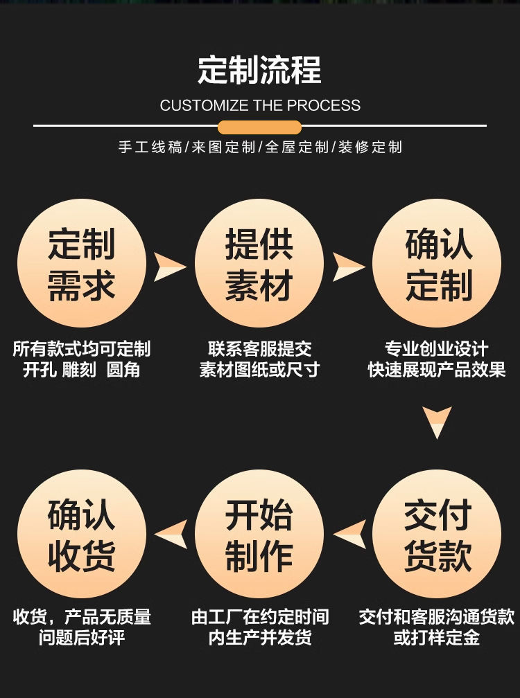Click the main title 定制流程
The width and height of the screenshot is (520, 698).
coord(259,71)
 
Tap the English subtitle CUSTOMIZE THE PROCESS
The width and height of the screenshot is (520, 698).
coord(260,106)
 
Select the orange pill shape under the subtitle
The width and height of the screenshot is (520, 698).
coord(259,127)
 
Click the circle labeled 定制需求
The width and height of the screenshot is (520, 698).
coord(82,264)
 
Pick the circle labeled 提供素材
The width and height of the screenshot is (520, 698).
coord(259,264)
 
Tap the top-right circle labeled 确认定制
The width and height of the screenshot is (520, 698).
coord(437,264)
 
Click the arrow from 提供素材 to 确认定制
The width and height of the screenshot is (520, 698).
coord(347,267)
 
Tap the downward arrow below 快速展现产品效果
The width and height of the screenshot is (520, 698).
coord(437,422)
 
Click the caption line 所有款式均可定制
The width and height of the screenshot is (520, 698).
coord(82,348)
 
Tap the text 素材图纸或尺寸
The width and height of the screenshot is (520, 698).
coord(259,370)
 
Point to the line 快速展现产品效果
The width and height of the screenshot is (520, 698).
coord(437,370)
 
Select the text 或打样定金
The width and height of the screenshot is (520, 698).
coord(437,638)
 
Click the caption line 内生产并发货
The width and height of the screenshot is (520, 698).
coord(259,638)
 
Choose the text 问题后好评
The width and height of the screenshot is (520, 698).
coord(82,638)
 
